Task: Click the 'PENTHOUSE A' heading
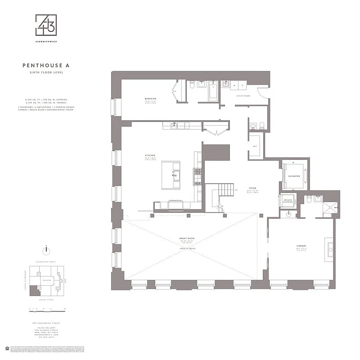coord(46,66)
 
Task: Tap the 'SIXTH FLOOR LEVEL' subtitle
coord(46,72)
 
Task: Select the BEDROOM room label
coord(150,99)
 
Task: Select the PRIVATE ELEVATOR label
coord(288,201)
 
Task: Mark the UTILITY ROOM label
coord(243,96)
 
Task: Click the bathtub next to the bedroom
coord(213,92)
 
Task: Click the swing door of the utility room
coord(260,93)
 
